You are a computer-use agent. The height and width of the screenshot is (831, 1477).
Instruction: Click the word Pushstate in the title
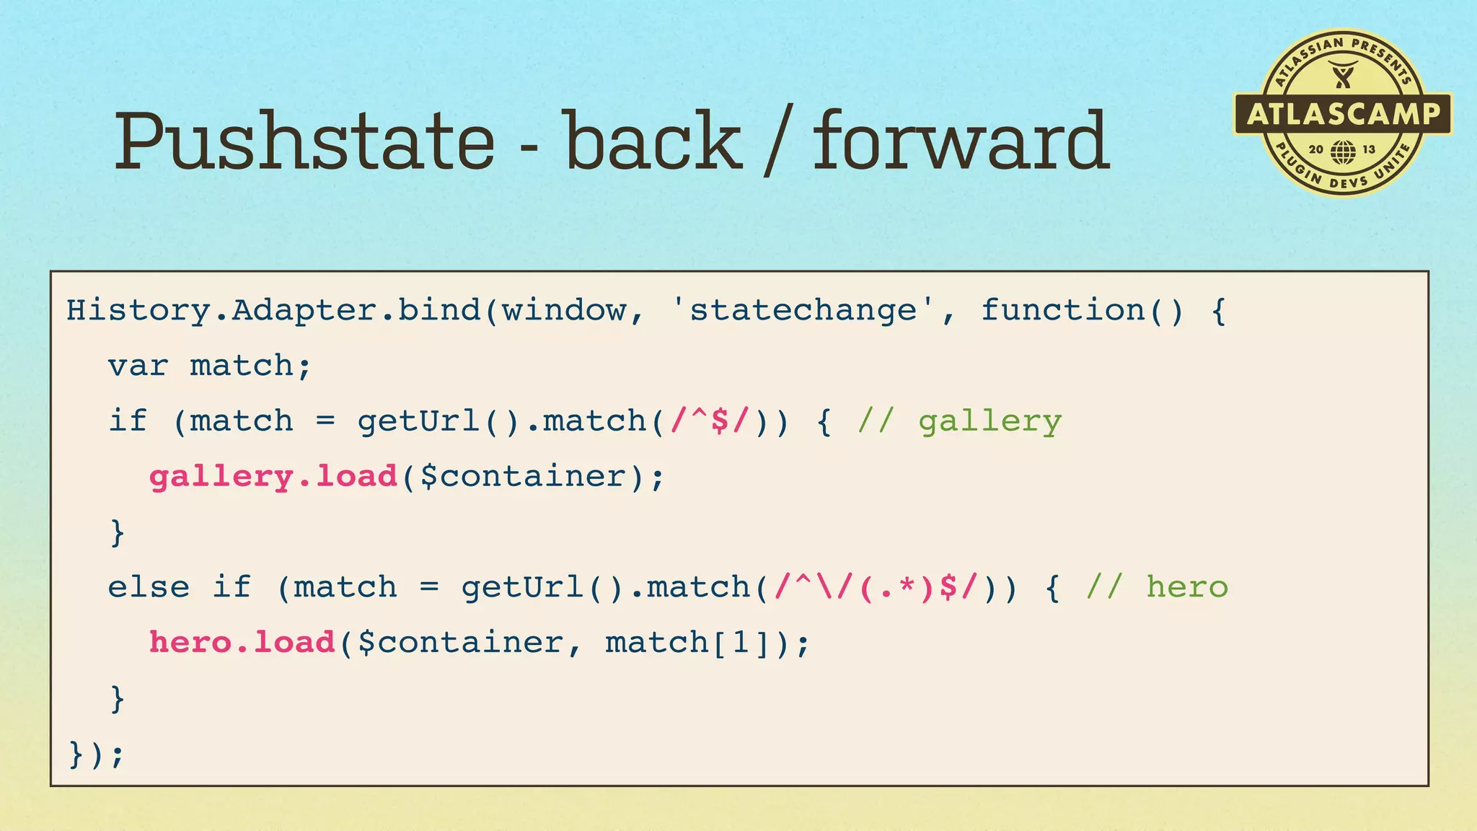(x=304, y=141)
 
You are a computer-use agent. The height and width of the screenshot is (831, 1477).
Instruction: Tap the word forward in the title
(x=961, y=141)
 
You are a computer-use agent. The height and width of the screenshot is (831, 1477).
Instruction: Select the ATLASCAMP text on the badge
(x=1343, y=114)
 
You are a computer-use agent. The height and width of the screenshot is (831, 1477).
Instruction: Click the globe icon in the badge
(x=1343, y=151)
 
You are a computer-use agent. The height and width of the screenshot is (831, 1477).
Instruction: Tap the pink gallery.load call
(x=273, y=477)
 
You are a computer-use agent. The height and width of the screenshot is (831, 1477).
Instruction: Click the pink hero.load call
(x=242, y=643)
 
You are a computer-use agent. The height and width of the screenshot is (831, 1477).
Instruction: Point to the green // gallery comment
(x=959, y=422)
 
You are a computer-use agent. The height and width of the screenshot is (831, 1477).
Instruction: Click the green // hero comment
(x=1157, y=588)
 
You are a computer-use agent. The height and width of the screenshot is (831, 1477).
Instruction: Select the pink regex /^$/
(x=711, y=421)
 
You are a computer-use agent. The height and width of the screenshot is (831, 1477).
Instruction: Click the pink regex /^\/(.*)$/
(x=876, y=588)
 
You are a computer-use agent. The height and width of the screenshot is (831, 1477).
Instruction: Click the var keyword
(x=138, y=366)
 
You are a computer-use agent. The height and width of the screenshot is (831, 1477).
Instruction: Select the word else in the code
(x=149, y=588)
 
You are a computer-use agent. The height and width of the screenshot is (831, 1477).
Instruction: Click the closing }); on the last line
(x=96, y=755)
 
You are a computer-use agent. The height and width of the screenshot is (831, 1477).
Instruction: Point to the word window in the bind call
(x=564, y=311)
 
